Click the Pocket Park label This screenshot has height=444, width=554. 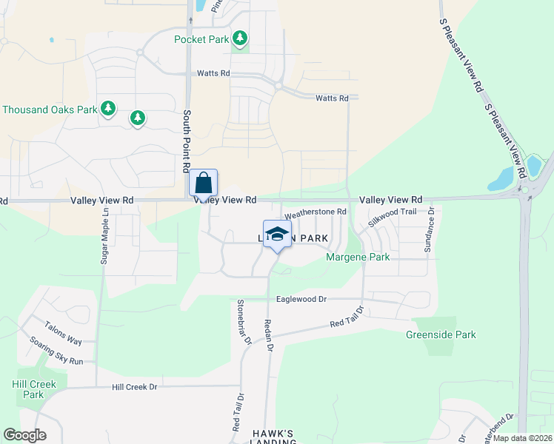[x=201, y=39]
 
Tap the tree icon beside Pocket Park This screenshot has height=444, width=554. [x=239, y=38]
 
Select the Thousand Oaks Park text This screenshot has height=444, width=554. [x=50, y=110]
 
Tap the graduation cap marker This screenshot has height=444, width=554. [x=277, y=235]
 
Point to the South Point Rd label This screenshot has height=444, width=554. [x=186, y=140]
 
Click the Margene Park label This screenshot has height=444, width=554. [x=358, y=257]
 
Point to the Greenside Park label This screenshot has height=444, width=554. [x=441, y=334]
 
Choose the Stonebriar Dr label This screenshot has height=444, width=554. [x=244, y=321]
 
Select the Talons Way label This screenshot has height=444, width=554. [x=63, y=334]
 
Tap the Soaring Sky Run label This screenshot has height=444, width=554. [x=57, y=351]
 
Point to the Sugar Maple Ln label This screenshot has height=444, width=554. [x=105, y=235]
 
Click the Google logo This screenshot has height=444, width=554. [x=24, y=435]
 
